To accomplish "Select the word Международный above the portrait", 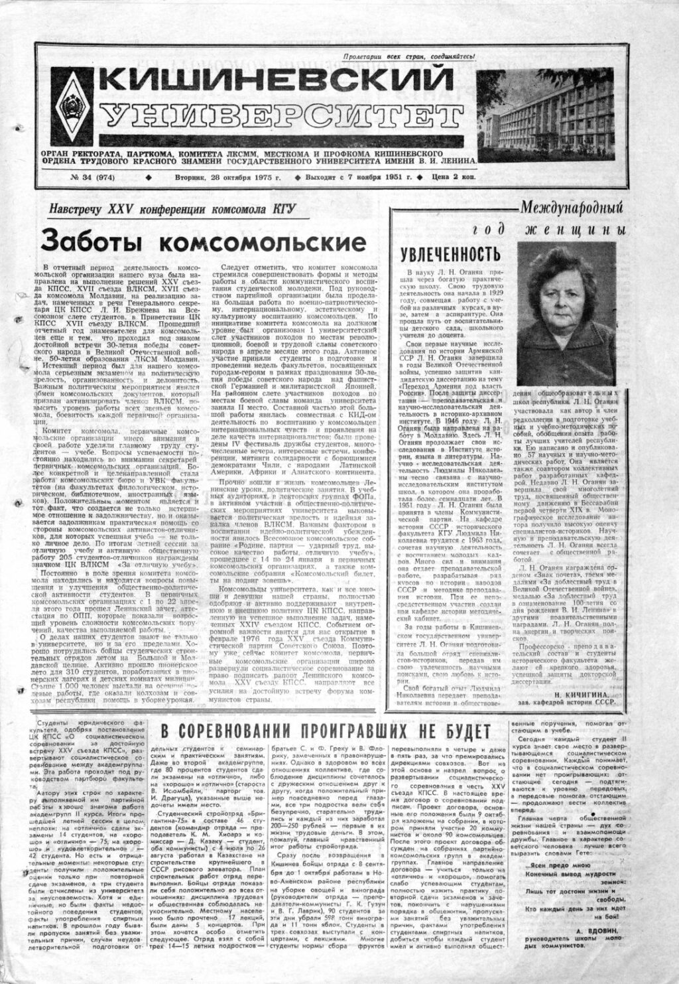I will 574,207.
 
